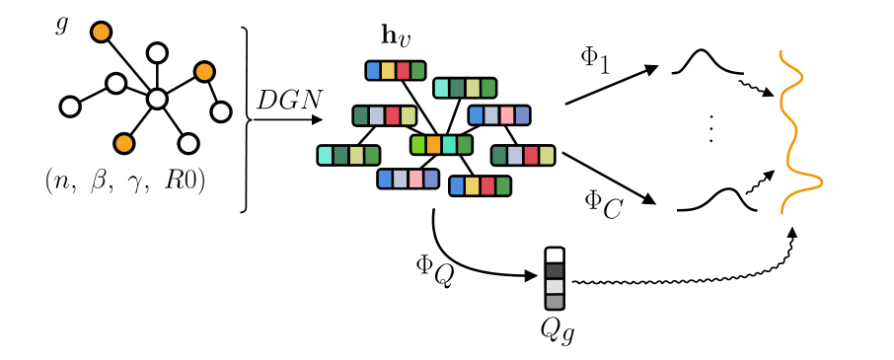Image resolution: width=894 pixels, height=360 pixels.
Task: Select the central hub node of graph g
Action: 156,100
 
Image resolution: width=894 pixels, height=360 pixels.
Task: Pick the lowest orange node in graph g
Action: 123,144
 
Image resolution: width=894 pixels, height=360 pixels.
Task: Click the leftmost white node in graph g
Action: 69,106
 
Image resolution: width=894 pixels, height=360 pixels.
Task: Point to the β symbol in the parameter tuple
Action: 99,182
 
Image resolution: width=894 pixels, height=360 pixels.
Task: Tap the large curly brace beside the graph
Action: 245,119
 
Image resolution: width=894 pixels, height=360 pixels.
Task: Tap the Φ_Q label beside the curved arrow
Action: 434,268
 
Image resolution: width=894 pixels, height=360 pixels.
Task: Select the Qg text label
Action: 557,329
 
